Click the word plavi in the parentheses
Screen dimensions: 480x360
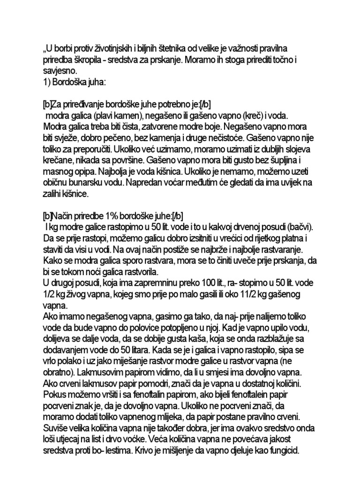point(104,115)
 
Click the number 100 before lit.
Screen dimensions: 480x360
point(210,284)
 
